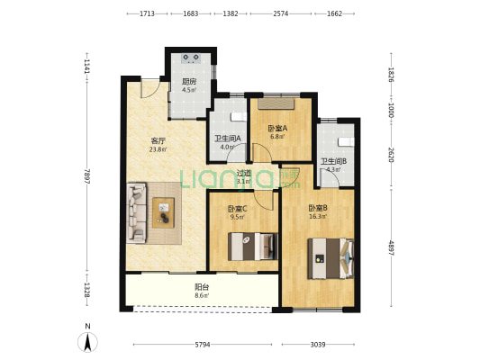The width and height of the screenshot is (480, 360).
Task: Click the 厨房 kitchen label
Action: pos(189,82)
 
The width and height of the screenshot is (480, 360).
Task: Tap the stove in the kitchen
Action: pos(191,58)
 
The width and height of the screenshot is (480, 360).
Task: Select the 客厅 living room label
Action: pos(158,141)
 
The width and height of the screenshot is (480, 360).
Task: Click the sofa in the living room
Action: pos(137,213)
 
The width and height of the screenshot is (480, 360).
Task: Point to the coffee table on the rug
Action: pos(164,212)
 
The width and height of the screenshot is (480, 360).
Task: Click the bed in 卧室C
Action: pos(253,247)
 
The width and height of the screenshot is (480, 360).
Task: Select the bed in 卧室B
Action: pos(331,259)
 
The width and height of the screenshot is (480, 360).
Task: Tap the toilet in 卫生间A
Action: pos(239,117)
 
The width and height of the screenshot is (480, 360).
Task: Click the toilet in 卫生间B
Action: pos(346,142)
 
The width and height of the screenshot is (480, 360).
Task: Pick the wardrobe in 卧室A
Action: pos(276,103)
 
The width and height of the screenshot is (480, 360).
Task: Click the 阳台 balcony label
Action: pos(202,287)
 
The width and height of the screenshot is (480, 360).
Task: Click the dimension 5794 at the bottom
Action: pos(203,345)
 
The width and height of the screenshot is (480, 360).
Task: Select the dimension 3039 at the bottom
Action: pos(318,345)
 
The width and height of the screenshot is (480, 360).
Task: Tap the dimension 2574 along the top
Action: pos(281,13)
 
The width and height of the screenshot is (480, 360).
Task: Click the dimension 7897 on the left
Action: pos(87,176)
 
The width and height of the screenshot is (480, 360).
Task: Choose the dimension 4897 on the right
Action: pos(391,247)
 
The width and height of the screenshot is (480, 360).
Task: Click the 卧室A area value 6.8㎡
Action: pos(277,137)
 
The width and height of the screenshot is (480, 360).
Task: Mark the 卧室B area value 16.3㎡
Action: pos(318,217)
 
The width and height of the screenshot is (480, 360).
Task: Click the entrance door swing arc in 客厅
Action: pos(153,93)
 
